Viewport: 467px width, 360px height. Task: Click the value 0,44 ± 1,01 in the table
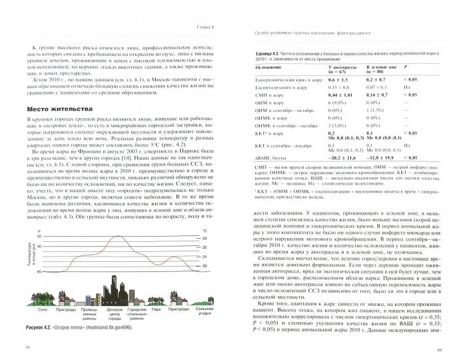pos(340,96)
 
